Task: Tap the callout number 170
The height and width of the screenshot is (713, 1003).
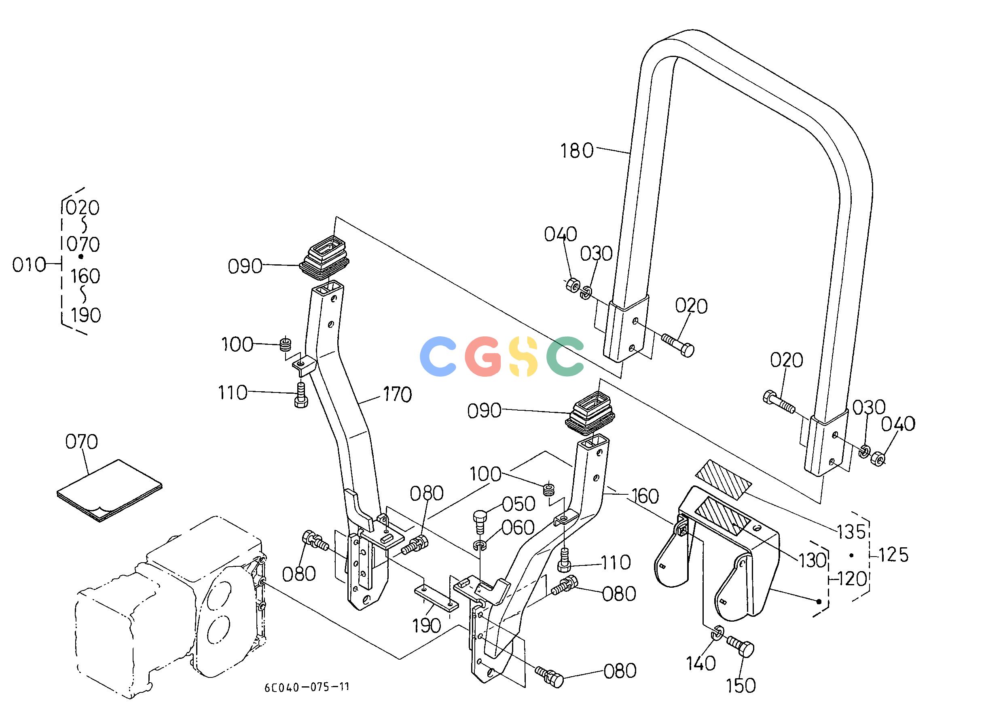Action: tap(397, 394)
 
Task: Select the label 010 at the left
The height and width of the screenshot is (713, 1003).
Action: tap(29, 265)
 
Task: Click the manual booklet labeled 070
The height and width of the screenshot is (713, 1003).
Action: tap(109, 490)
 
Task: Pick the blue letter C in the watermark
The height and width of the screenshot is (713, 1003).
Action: tap(438, 356)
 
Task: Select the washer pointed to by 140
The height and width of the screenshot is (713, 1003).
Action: tap(717, 633)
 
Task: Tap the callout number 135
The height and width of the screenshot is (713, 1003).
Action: tap(851, 532)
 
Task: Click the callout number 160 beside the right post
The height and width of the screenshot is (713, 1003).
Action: tap(645, 496)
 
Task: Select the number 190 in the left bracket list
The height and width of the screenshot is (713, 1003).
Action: tap(86, 315)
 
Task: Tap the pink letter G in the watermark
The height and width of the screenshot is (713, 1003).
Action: tap(483, 356)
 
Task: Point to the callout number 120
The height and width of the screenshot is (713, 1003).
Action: tap(852, 579)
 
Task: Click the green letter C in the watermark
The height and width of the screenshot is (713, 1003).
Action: tap(565, 356)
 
